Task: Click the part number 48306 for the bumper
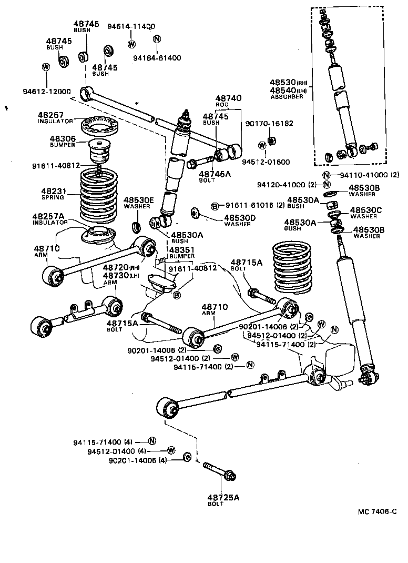pos(63,139)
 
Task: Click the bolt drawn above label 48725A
pos(220,472)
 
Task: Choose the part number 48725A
pos(223,497)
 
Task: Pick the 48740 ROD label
pos(228,101)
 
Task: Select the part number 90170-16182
pos(269,124)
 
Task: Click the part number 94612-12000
pos(46,92)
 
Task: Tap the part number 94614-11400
pos(131,26)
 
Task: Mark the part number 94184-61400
pos(157,58)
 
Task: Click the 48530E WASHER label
pos(139,203)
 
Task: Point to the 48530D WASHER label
pos(240,220)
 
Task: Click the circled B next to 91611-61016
pos(215,206)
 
